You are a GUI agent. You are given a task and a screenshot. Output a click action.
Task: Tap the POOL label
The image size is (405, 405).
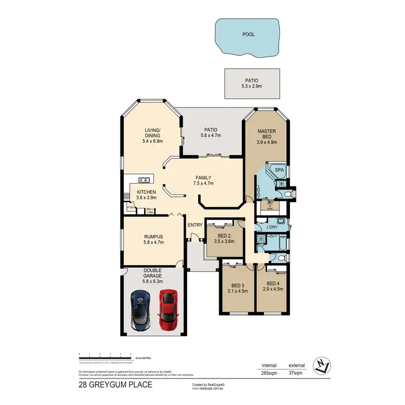tap(248, 34)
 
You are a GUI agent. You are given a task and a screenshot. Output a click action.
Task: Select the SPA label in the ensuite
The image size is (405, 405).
tap(279, 170)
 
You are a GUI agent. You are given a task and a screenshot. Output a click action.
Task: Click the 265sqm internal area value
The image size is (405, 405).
tap(269, 373)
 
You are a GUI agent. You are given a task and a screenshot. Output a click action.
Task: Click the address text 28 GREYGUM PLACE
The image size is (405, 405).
tap(115, 384)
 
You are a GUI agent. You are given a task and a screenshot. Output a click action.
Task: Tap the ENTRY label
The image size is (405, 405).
tap(195, 225)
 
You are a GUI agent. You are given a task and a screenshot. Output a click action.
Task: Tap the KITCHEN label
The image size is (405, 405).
tap(146, 192)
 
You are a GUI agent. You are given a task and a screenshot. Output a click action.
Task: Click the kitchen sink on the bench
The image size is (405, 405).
tap(145, 179)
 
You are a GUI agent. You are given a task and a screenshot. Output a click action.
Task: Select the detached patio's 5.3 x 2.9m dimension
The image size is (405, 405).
tap(253, 86)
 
